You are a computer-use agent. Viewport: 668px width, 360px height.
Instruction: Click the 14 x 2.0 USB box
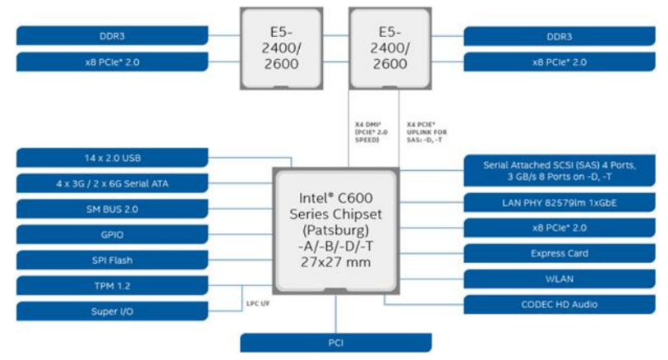(x=112, y=158)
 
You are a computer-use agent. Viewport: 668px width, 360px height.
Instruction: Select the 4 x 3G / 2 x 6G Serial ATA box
(x=112, y=183)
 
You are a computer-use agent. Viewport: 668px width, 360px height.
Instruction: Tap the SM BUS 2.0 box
(x=112, y=209)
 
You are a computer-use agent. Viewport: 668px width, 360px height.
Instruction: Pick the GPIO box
(x=112, y=234)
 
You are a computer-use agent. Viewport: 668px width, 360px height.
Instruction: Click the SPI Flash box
(x=112, y=261)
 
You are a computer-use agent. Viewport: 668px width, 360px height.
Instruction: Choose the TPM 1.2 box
(x=112, y=286)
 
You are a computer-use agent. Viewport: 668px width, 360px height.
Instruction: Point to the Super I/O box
(x=112, y=312)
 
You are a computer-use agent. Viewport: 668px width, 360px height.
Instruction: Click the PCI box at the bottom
(x=334, y=343)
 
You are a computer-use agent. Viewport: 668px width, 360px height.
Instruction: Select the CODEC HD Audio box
(x=559, y=305)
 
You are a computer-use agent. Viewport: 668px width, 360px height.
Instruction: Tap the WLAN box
(x=559, y=279)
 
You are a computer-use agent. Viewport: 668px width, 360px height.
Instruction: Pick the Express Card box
(x=559, y=253)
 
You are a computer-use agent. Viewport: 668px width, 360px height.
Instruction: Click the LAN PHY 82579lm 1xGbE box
(x=559, y=202)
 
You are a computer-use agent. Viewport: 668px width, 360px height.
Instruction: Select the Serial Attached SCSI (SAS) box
(x=559, y=170)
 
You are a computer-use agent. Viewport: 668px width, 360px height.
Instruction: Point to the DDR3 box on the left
(x=112, y=36)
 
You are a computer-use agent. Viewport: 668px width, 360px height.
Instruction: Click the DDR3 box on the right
(x=559, y=36)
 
